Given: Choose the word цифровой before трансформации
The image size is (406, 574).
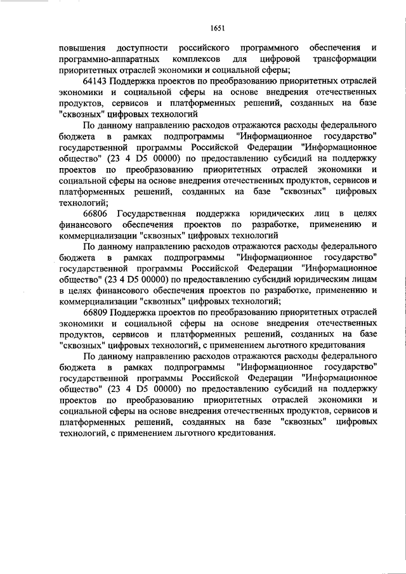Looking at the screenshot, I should (x=277, y=59).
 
